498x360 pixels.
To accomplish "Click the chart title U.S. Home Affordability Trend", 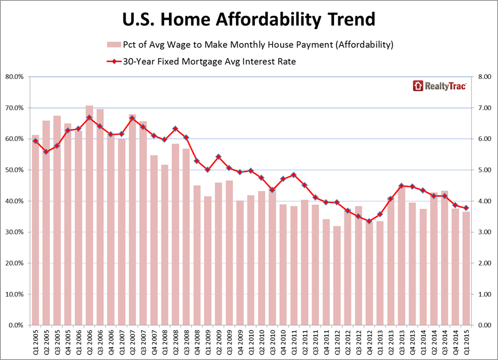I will (x=248, y=20).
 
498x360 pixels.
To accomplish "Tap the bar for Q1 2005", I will (x=35, y=230).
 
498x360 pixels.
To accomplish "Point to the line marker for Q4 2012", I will (x=369, y=221).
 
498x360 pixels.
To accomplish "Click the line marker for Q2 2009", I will (x=218, y=157).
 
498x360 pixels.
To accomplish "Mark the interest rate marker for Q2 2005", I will (x=46, y=152).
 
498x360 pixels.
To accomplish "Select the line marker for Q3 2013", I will (x=401, y=186).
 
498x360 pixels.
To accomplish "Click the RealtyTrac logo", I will (x=439, y=85).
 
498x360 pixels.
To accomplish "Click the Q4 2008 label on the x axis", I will (x=196, y=342).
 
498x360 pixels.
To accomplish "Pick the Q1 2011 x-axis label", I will (x=294, y=342).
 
